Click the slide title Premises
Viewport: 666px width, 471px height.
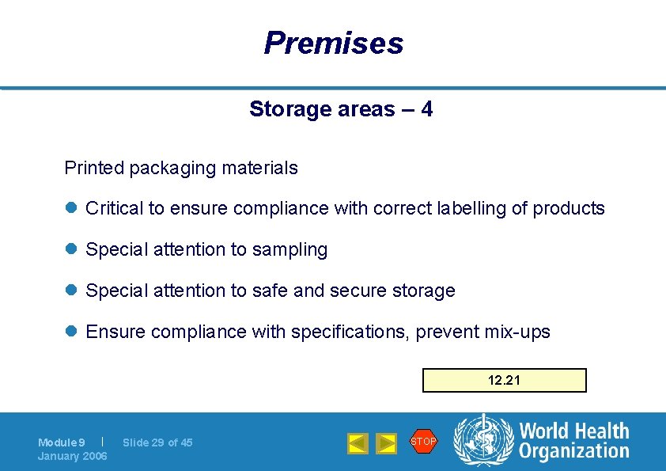click(333, 43)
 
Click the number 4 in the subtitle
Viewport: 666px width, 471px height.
click(426, 109)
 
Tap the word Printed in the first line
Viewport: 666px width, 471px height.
click(94, 168)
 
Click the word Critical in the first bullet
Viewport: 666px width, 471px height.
click(115, 209)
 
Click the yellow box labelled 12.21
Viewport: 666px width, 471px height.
click(504, 380)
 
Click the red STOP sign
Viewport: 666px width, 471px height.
click(423, 441)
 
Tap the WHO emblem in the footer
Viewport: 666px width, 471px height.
click(482, 441)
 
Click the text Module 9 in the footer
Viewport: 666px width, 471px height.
click(62, 443)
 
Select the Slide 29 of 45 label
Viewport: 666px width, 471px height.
click(157, 443)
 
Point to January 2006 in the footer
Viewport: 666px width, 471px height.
click(73, 456)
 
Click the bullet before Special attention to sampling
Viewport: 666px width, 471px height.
click(70, 250)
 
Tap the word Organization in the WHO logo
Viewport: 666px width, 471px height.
click(573, 451)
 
